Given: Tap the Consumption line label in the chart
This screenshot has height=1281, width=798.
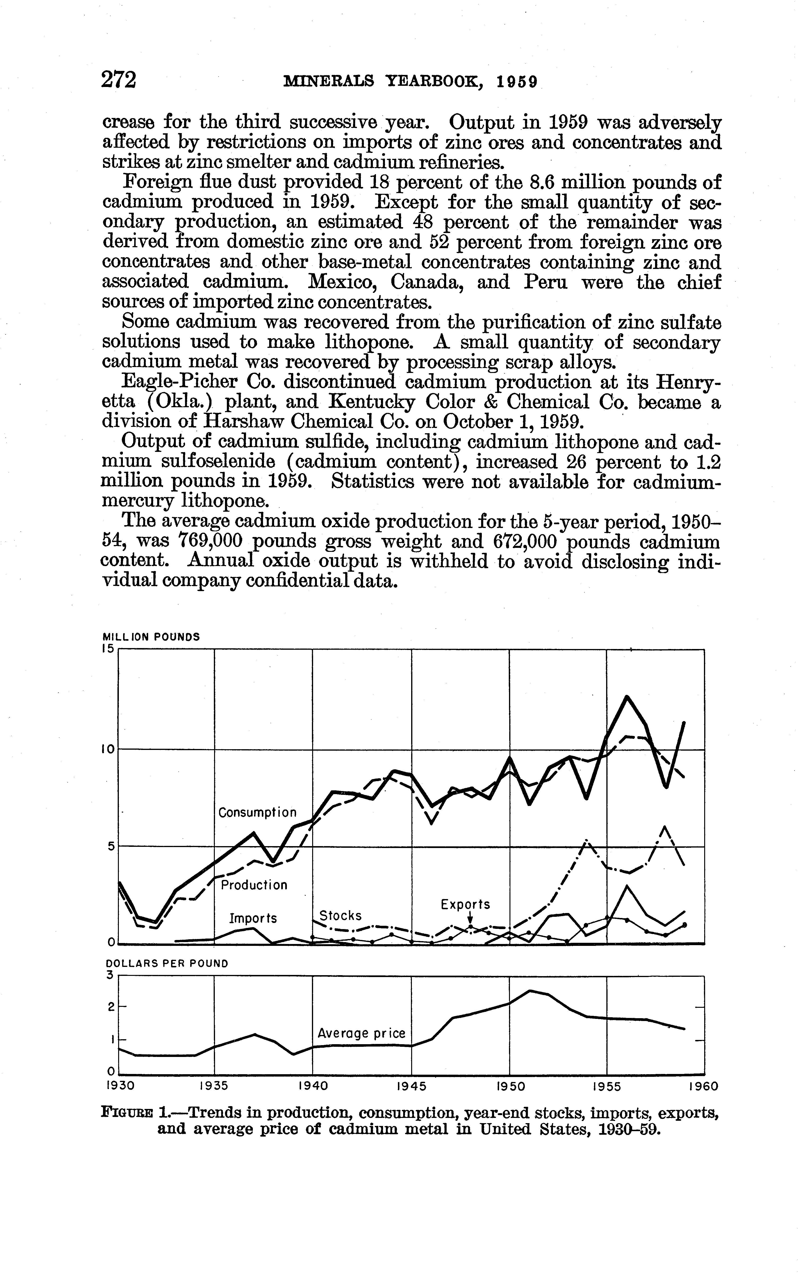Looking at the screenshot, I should coord(258,813).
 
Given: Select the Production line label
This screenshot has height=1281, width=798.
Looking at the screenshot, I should coord(254,885).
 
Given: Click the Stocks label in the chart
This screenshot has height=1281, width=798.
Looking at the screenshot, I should coord(341,916).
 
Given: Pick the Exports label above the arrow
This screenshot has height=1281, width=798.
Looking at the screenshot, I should coord(465,905).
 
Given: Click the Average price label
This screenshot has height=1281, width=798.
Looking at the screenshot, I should coord(362,1034).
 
